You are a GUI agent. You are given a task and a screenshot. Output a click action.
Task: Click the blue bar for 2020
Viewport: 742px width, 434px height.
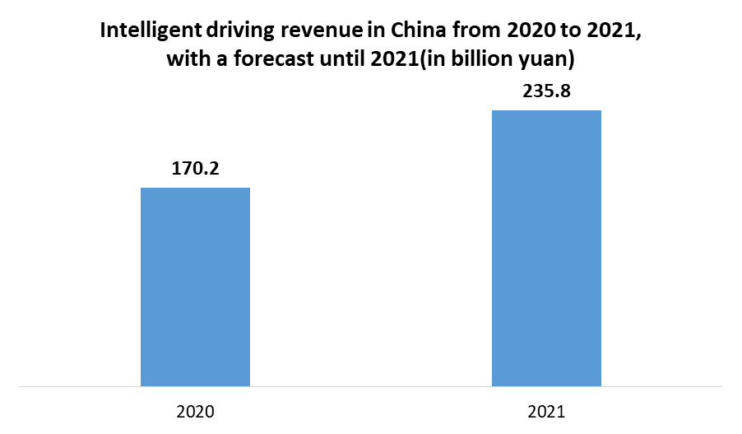195,287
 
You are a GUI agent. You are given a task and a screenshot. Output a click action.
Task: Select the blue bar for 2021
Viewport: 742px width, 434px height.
546,248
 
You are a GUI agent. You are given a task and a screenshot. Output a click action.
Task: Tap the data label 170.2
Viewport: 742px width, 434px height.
195,170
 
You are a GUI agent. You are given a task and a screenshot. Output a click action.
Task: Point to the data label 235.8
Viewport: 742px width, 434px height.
546,92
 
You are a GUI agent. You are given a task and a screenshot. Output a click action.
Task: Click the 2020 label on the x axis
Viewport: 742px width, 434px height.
195,409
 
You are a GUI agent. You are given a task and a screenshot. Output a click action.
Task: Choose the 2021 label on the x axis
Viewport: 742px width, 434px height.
546,409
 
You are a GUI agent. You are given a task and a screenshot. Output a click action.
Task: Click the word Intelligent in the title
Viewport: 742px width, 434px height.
144,32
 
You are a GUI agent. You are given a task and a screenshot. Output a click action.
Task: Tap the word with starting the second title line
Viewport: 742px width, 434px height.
184,60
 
